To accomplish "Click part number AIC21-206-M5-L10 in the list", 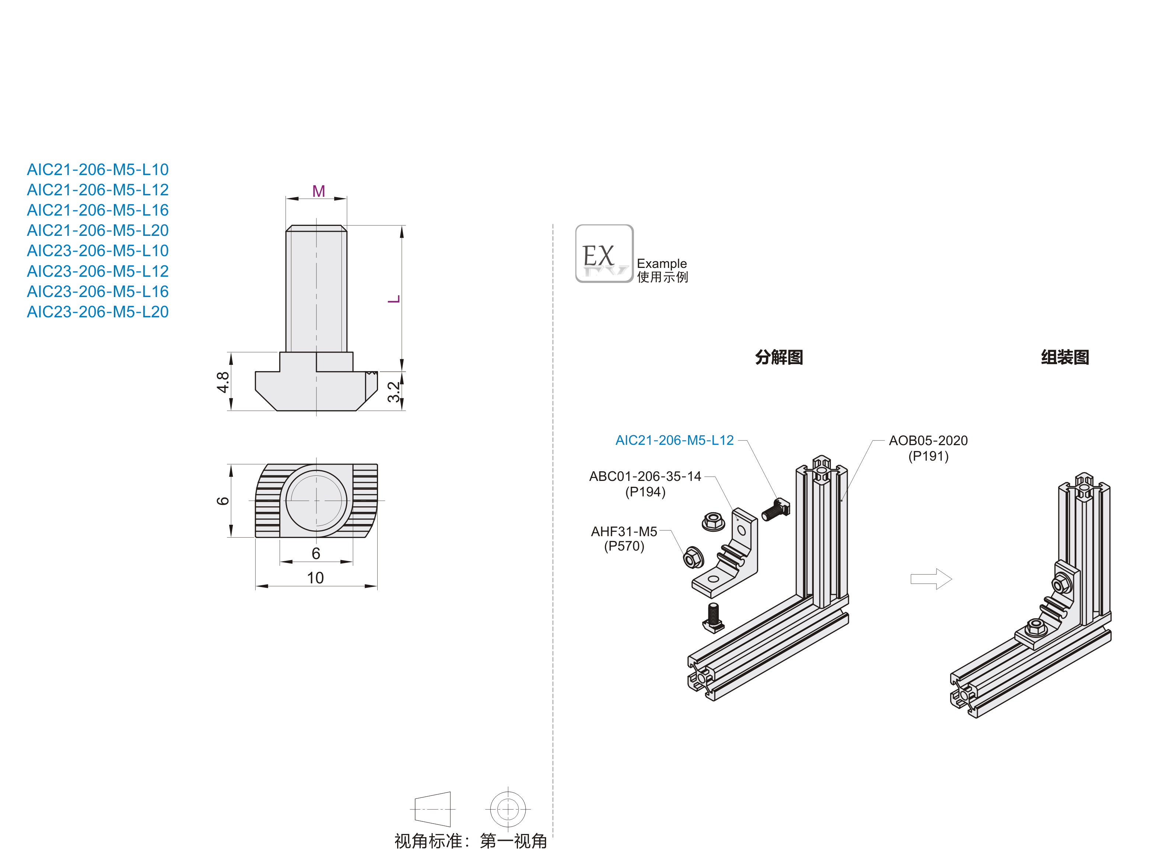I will (97, 170).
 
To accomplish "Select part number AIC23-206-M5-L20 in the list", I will (97, 312).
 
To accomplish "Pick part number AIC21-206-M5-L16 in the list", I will (97, 210).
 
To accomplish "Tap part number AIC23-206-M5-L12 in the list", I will (97, 271).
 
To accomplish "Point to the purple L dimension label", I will (394, 299).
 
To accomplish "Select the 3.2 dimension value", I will (393, 392).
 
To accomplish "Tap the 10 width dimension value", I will (315, 577).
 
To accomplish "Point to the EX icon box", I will (604, 253).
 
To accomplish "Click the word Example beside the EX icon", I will (662, 263).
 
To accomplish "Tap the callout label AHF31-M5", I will (624, 532).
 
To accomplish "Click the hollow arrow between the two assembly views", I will (931, 579).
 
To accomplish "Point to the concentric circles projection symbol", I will (508, 809).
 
